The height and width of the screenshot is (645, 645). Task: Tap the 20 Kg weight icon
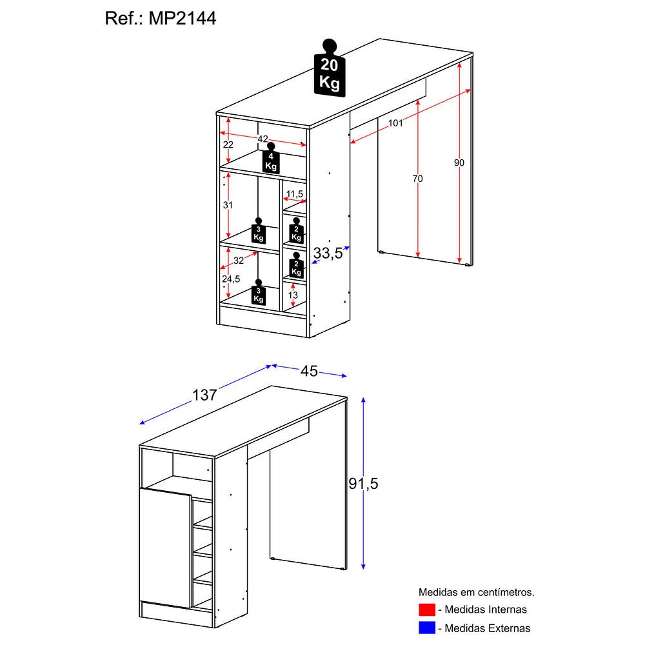330,72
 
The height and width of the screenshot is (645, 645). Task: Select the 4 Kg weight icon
271,160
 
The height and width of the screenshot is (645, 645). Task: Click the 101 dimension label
395,123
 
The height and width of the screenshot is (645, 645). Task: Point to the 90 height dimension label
459,163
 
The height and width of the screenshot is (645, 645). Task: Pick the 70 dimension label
418,179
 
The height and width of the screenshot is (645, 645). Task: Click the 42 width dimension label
263,139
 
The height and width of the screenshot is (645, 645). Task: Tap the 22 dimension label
228,144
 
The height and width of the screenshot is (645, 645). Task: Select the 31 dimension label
228,205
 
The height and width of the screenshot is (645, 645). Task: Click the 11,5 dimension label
295,193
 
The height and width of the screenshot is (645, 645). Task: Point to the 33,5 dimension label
328,254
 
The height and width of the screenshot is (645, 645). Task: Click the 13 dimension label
293,295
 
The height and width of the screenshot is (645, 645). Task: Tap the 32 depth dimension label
239,261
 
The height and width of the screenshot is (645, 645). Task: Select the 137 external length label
204,395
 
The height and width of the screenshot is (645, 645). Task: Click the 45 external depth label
310,371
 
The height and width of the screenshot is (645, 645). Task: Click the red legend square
426,610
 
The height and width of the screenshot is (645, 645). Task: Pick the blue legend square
426,628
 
